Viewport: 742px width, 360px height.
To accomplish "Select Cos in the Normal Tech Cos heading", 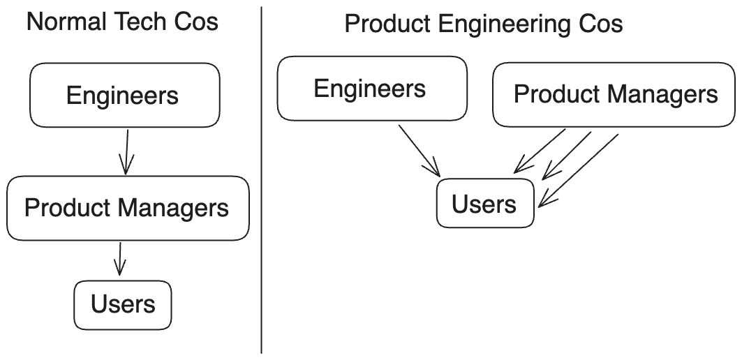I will (x=197, y=22).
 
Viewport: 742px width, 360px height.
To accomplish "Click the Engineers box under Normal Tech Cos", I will (x=124, y=96).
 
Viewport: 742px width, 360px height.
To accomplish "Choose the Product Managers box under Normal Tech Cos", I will (x=128, y=208).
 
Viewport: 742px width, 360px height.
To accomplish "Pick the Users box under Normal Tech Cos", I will (x=123, y=305).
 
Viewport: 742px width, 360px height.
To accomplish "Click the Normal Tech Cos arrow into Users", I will (x=120, y=258).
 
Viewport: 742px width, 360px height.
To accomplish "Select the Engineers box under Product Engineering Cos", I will (x=372, y=89).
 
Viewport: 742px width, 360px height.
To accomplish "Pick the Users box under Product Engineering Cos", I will (x=485, y=203).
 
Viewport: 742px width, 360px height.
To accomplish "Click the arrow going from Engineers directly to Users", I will (x=419, y=150).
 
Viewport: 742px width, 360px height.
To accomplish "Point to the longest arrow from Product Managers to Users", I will (x=579, y=170).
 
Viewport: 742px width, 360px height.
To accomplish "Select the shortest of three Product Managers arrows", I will (x=540, y=151).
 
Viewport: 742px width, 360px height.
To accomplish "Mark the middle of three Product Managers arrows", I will (x=567, y=155).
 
